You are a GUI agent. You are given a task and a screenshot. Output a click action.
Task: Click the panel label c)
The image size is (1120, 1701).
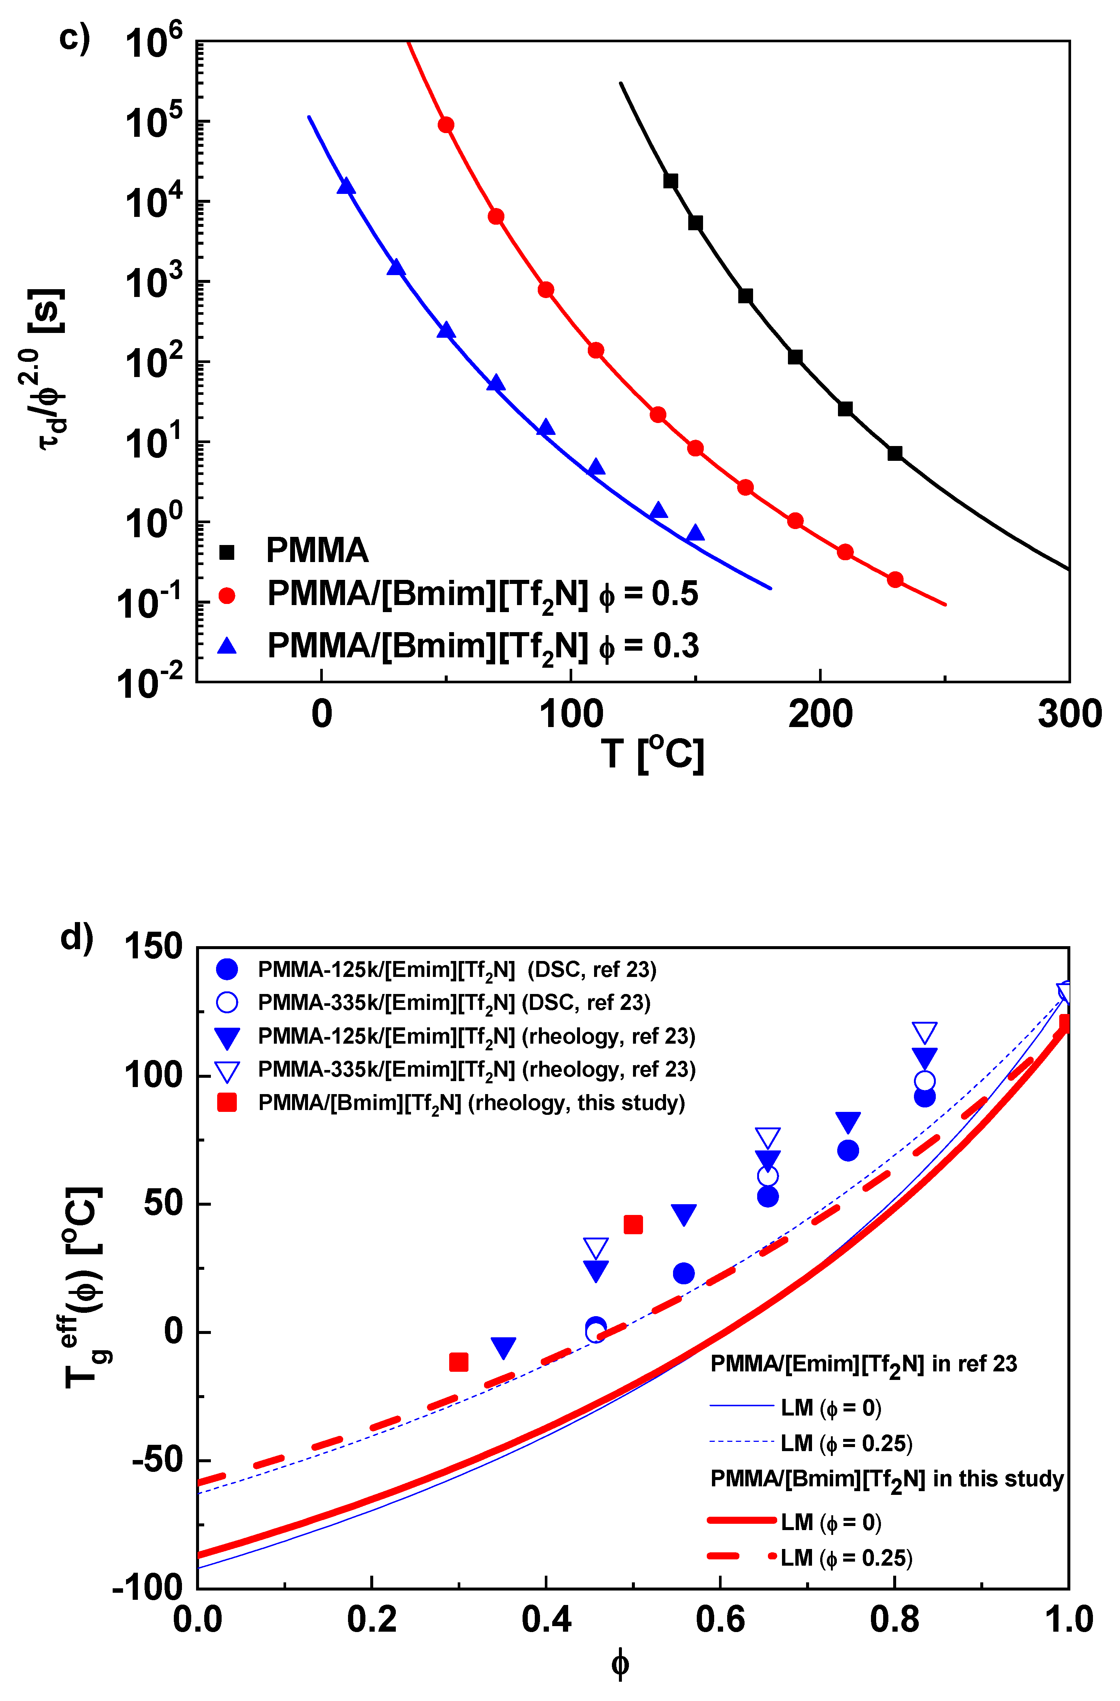(74, 37)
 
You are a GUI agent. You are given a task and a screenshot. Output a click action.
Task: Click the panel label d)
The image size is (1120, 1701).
(76, 936)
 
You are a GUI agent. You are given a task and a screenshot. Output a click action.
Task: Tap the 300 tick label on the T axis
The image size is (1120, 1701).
(1069, 714)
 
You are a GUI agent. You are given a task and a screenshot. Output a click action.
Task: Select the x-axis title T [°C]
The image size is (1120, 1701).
(652, 754)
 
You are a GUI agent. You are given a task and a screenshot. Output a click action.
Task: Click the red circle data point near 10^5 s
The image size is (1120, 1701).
(446, 125)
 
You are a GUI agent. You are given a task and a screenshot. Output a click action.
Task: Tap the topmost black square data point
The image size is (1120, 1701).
(670, 181)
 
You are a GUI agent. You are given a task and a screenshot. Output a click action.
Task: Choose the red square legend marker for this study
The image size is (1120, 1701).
(226, 1103)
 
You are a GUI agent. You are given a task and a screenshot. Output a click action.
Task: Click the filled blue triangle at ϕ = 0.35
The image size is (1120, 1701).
(504, 1347)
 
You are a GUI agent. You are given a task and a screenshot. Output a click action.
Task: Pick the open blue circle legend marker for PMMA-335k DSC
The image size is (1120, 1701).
(226, 1003)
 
